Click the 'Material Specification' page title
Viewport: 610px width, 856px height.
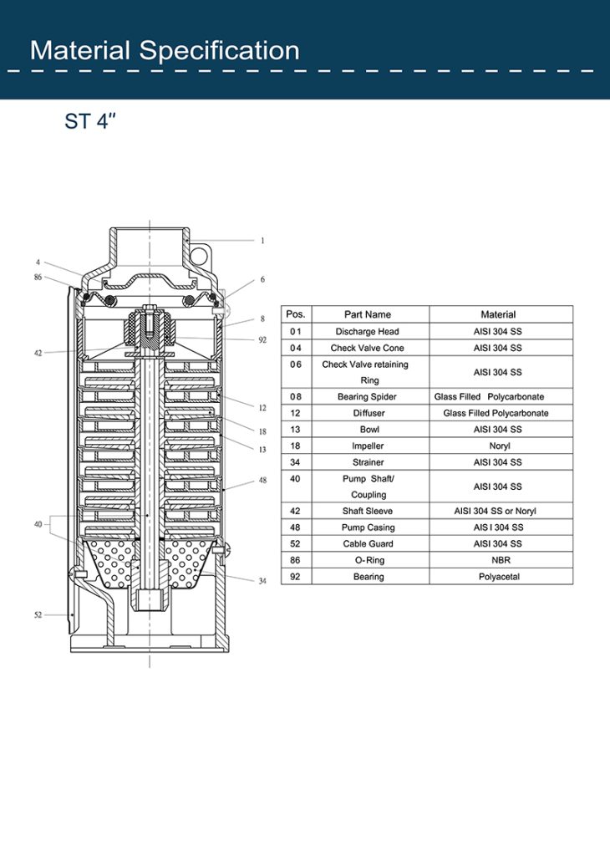165,50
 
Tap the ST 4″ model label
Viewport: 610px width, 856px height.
89,121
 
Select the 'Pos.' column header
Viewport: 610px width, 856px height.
296,314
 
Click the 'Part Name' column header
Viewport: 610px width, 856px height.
367,314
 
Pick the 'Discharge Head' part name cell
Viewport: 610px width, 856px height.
367,332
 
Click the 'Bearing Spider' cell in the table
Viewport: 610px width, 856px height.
367,396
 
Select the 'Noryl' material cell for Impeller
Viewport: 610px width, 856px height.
500,446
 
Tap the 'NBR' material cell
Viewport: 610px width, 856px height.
500,560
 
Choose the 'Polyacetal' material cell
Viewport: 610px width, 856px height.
500,577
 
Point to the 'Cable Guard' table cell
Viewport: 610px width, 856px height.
367,543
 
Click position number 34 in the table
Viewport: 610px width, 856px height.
296,462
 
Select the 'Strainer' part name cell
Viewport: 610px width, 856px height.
367,462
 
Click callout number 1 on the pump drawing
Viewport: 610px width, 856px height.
262,241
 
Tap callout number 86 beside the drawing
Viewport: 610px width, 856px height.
38,276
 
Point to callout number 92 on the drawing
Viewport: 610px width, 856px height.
262,340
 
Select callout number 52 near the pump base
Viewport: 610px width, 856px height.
38,614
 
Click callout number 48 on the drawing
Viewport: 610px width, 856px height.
262,481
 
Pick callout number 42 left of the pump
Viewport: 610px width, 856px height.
38,353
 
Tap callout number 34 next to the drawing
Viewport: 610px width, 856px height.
262,581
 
